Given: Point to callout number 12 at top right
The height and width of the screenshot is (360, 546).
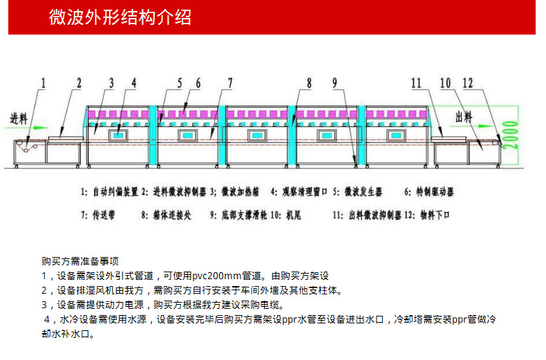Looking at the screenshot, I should coord(467,84).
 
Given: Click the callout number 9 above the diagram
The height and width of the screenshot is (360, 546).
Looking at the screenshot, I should coord(335,84).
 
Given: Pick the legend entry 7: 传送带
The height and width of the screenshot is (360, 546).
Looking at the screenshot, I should coord(98,215).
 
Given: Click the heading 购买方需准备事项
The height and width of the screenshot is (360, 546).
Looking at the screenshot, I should coord(80,261).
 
